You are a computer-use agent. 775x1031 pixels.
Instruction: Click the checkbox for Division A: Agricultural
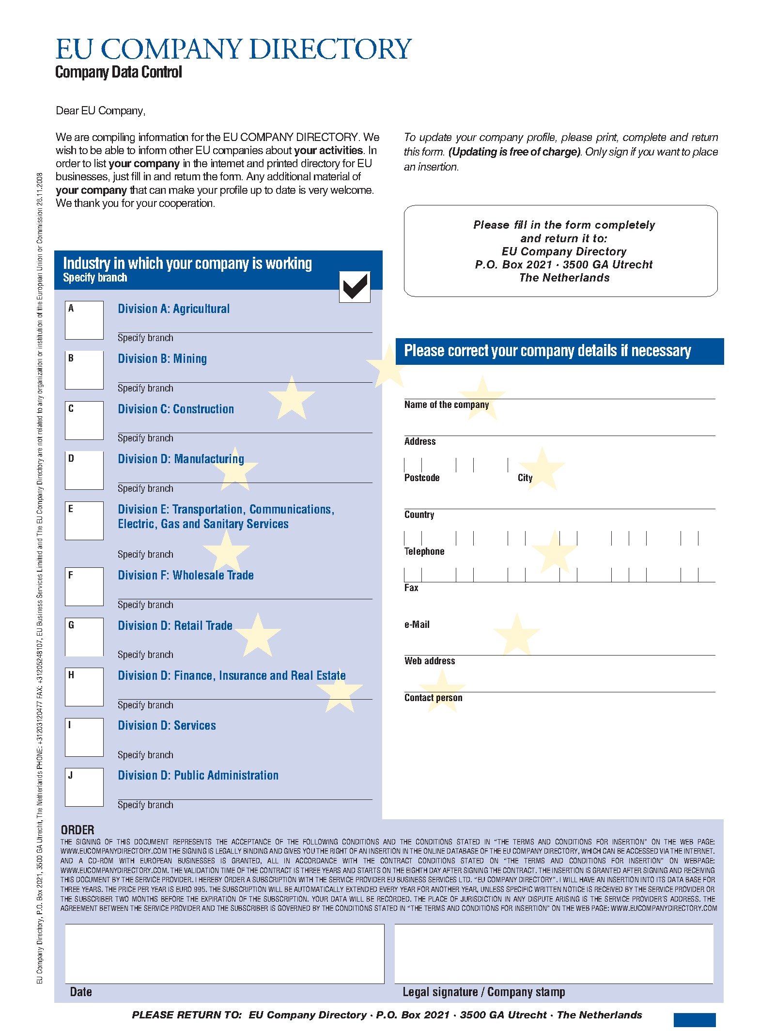(84, 320)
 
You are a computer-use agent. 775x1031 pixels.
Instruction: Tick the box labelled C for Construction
(84, 421)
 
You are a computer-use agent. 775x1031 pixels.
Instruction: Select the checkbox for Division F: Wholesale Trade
(84, 587)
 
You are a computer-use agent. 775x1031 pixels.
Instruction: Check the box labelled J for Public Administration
(84, 787)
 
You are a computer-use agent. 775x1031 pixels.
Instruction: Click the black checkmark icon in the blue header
(355, 287)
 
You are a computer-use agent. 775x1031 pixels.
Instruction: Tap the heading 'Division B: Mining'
(162, 359)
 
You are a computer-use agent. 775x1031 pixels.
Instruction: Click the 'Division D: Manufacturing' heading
(181, 459)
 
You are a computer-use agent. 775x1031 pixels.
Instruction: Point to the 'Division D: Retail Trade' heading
(175, 626)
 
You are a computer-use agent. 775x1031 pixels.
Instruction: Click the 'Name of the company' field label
(447, 405)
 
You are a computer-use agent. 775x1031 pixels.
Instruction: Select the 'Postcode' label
(422, 478)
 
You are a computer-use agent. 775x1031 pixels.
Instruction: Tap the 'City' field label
(525, 478)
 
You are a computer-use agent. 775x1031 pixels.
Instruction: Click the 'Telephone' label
(424, 552)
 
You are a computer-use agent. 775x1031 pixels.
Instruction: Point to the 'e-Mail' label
(417, 625)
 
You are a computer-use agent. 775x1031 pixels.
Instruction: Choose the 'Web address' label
(430, 661)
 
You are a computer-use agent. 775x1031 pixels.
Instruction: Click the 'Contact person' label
(433, 698)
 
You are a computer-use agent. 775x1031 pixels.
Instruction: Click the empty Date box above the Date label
(225, 953)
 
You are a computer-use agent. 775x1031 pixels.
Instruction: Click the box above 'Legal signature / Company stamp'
(554, 953)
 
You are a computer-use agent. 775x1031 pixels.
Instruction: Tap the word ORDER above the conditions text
(77, 830)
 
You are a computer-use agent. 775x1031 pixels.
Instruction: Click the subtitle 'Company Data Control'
(119, 72)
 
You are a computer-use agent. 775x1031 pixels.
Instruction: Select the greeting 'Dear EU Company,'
(101, 111)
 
